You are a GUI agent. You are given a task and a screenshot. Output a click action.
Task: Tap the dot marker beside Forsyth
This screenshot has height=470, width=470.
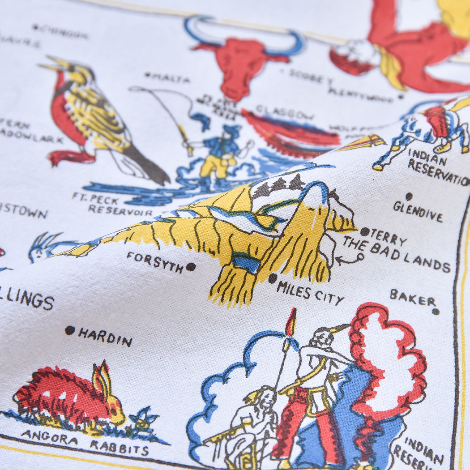click(x=191, y=267)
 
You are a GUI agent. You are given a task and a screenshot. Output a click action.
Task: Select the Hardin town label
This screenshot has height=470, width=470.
click(x=105, y=337)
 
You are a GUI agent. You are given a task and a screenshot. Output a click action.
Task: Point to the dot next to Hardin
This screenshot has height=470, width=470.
click(x=70, y=330)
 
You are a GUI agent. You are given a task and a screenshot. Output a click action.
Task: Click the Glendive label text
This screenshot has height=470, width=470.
click(x=418, y=212)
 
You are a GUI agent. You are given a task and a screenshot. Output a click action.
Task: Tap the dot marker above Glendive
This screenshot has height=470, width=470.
click(x=409, y=196)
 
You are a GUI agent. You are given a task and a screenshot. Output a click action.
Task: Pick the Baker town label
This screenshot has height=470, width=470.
click(x=412, y=298)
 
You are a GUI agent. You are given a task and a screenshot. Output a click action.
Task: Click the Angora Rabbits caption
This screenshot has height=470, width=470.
click(x=85, y=441)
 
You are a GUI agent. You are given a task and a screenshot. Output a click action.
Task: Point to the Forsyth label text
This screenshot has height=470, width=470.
click(x=155, y=262)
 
